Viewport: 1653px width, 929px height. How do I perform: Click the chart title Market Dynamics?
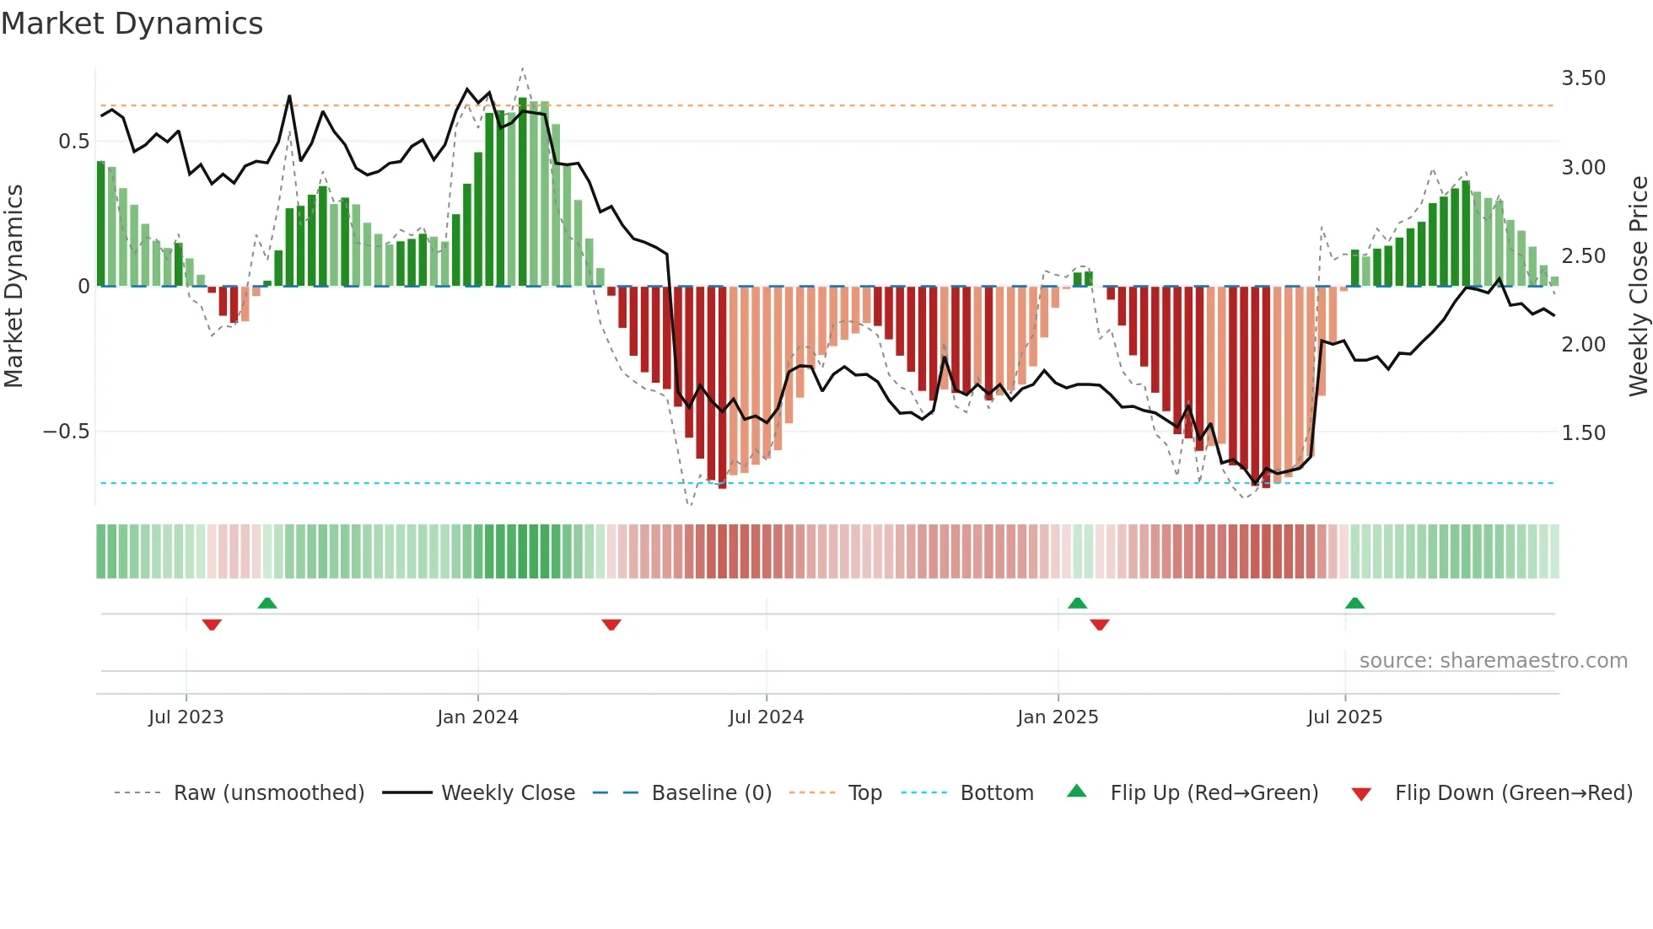[132, 24]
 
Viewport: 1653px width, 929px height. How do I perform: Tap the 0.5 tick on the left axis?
[73, 142]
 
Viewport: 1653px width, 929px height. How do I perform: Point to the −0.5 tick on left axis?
[66, 432]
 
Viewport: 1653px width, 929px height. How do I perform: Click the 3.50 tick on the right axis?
[1583, 78]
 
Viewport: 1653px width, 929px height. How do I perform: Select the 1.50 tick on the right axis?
[1583, 433]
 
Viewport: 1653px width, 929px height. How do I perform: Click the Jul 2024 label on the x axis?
[766, 717]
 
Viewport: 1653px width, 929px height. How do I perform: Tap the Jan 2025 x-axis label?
[1058, 717]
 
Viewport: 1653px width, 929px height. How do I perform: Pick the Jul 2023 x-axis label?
[186, 717]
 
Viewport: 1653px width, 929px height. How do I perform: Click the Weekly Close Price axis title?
[1638, 286]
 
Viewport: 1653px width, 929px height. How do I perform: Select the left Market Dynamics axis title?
[13, 286]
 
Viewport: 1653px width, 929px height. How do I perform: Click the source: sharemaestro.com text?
[1493, 661]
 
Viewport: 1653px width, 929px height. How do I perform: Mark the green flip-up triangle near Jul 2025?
[1354, 603]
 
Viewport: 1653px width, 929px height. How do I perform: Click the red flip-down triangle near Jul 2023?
[212, 625]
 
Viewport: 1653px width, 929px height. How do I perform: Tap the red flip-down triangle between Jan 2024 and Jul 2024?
[611, 625]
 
